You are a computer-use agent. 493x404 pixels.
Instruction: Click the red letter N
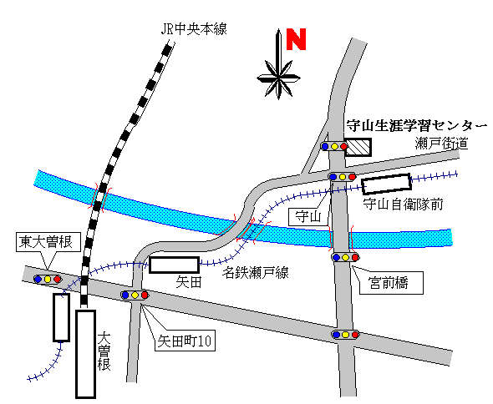296,39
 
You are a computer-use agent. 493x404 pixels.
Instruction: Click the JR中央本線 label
194,29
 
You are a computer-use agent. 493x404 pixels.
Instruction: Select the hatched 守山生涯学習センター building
358,148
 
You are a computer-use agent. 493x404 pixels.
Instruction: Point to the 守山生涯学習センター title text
417,126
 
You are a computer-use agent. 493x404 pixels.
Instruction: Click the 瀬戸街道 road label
442,144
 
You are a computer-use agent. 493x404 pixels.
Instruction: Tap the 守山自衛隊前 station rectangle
387,184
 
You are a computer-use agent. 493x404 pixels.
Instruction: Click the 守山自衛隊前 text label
404,205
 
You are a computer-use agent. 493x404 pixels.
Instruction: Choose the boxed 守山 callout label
307,217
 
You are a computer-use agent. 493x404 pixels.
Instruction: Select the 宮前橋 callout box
391,283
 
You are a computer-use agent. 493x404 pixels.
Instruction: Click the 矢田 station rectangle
174,265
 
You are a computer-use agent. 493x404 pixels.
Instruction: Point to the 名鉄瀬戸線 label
256,273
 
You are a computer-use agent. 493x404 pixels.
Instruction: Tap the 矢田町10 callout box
185,341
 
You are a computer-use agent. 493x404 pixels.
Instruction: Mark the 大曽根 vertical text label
104,352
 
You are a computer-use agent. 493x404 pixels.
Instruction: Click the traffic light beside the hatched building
334,146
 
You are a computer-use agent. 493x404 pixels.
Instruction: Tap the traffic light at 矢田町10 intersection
135,295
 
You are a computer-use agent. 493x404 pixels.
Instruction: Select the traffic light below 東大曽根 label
48,279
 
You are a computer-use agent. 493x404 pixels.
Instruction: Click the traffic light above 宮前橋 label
345,257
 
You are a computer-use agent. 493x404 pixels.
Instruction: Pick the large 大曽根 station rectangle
85,355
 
